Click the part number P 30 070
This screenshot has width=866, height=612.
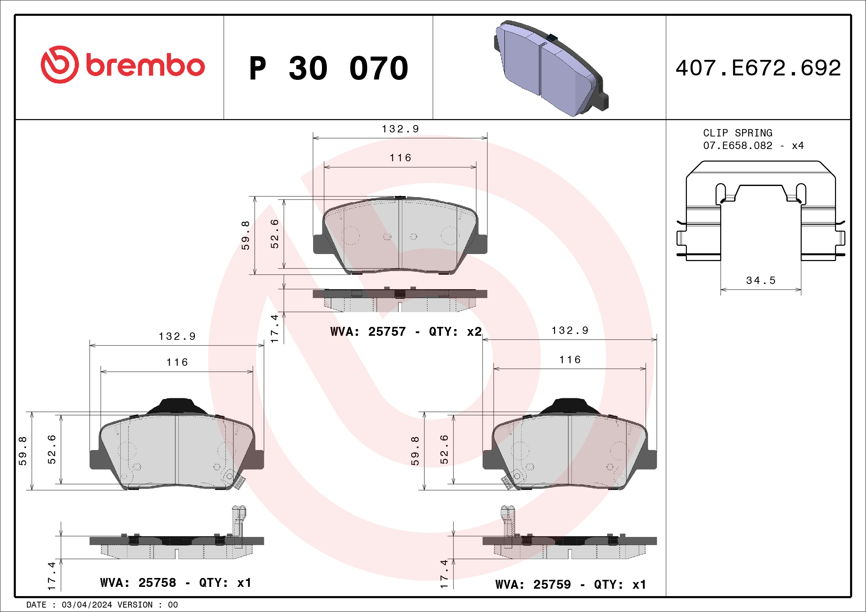pos(329,68)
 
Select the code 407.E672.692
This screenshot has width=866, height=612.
pos(758,68)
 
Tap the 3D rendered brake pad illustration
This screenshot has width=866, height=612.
pos(551,68)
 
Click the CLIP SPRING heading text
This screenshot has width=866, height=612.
pos(737,133)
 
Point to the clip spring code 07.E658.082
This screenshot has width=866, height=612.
pos(737,145)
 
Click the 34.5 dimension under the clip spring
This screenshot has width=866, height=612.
pos(761,280)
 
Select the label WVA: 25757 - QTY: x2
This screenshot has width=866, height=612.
pos(406,332)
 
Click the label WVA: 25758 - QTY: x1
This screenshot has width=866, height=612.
pos(176,583)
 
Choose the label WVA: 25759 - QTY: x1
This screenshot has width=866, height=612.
pos(571,585)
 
